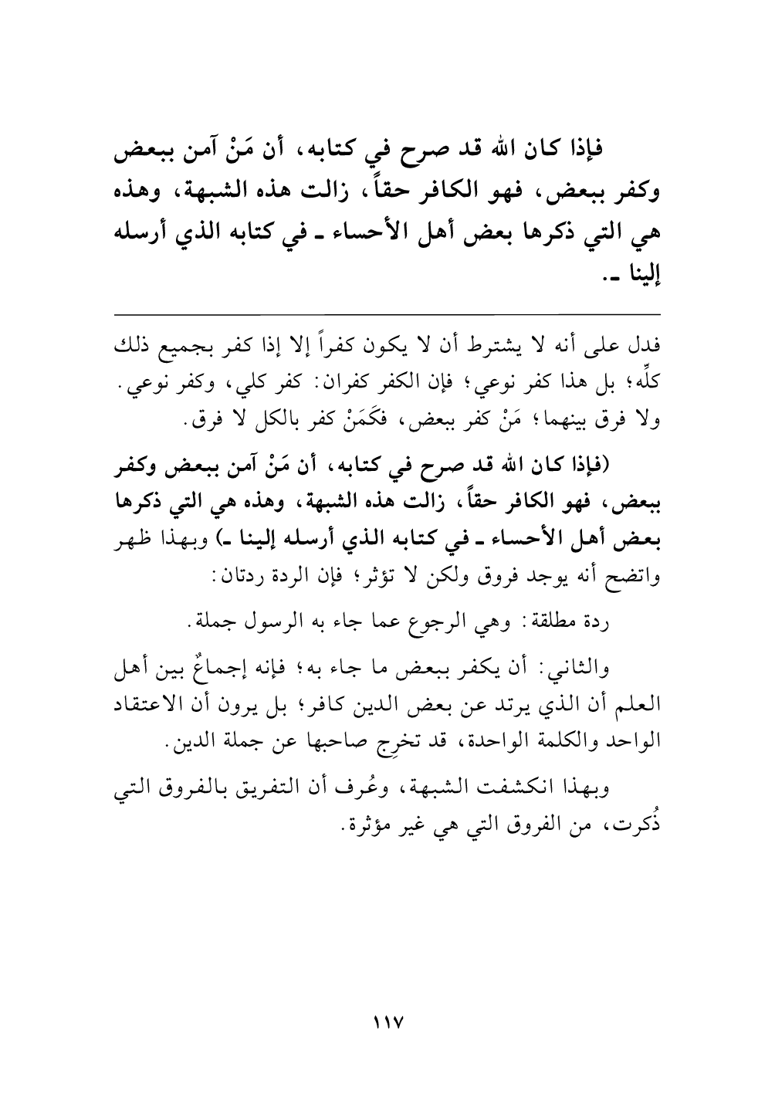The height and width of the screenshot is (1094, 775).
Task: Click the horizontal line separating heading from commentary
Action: pos(387,313)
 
